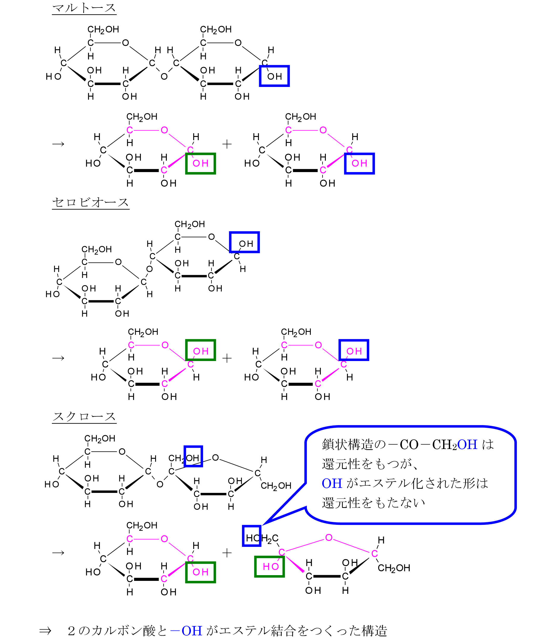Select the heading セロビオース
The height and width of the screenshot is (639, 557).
click(x=91, y=202)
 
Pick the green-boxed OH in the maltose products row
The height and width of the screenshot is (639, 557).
click(x=201, y=163)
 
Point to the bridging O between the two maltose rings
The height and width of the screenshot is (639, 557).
click(x=164, y=77)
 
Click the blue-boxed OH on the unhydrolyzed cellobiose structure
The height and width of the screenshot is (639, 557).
click(x=244, y=242)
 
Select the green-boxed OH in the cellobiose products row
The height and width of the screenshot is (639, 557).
click(x=201, y=350)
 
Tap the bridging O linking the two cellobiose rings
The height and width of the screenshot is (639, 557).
click(x=149, y=269)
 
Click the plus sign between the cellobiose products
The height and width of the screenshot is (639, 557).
click(x=227, y=358)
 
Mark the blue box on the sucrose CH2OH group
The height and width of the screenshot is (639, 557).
click(x=193, y=457)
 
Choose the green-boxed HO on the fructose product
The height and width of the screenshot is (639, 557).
click(x=270, y=567)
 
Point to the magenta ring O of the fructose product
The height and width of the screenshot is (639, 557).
click(x=329, y=537)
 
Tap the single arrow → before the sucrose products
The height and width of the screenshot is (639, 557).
click(x=58, y=553)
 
